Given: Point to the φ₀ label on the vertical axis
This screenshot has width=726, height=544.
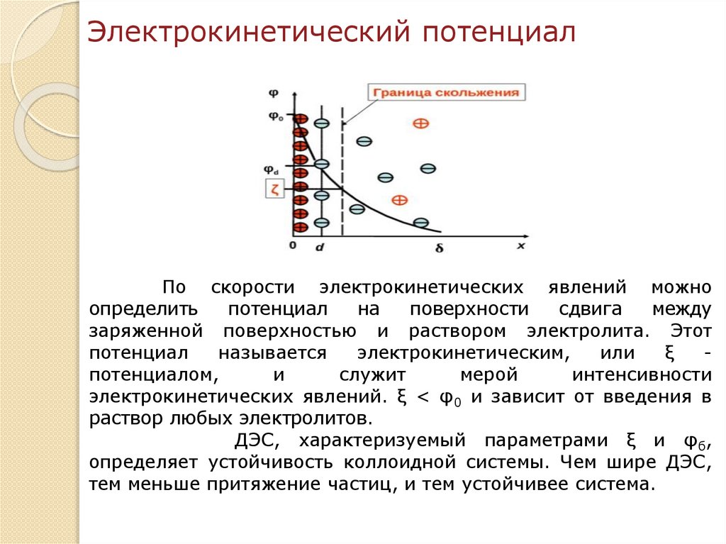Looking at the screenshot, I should point(274,117).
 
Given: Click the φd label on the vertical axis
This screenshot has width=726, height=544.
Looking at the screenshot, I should point(272,170).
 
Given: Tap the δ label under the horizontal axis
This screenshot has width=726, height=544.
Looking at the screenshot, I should point(439,248).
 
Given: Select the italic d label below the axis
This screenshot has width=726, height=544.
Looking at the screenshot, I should point(320,248).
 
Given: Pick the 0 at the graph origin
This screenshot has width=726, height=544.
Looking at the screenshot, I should point(292,245).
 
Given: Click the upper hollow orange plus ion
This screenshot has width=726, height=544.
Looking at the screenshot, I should point(420,123).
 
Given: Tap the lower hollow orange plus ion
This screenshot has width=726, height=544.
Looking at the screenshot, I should point(400,200).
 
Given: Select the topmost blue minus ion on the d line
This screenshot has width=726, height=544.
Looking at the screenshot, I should point(321,123).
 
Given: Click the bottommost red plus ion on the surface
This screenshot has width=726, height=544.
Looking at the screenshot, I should point(301,227).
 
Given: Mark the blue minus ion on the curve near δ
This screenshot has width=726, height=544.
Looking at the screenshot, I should point(420,223).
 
